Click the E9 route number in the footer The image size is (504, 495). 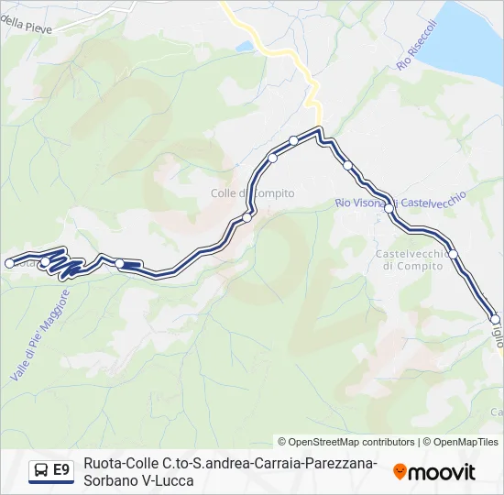(61, 471)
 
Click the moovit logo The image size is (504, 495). (434, 472)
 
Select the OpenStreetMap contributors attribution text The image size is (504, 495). (346, 442)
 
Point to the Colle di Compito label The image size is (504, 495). (253, 193)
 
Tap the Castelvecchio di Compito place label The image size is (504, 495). (412, 259)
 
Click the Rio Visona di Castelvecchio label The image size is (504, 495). (400, 199)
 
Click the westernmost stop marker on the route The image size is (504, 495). (9, 263)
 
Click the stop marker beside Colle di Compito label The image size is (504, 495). (247, 217)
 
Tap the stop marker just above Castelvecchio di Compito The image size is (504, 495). (453, 253)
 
